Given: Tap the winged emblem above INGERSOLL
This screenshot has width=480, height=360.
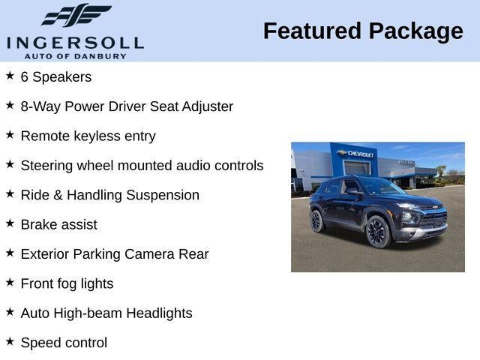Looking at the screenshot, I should tap(76, 16).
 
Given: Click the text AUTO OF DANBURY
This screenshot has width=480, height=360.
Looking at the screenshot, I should tap(75, 56).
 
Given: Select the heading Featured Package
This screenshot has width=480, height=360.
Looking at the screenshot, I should tap(363, 31).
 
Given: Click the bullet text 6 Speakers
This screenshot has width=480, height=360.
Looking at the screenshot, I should tap(56, 77).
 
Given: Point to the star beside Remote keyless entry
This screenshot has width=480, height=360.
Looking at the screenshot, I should tap(10, 135).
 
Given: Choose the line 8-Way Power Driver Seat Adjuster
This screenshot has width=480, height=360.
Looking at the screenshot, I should tap(127, 106).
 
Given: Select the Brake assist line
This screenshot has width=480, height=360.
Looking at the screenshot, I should tap(59, 224).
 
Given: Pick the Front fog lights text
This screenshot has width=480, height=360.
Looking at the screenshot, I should tap(67, 283).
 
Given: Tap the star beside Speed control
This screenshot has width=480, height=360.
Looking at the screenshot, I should tap(10, 341).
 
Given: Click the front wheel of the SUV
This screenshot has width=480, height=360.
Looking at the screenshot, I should tap(377, 232).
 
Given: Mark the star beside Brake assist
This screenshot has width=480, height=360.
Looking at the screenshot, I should tap(10, 223).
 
